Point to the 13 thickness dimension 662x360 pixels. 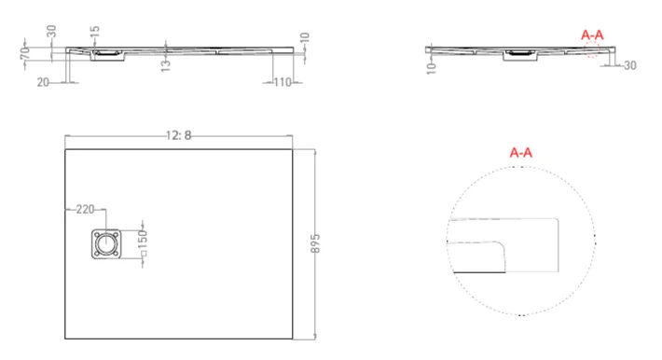(x=165, y=63)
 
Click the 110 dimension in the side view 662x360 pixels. (x=283, y=83)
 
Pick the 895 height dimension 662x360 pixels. (x=315, y=244)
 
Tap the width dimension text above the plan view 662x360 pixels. (x=178, y=135)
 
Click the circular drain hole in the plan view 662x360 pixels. (x=106, y=245)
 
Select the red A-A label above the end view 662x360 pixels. (x=592, y=35)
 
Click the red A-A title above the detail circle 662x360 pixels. (x=521, y=151)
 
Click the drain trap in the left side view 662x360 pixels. (x=110, y=57)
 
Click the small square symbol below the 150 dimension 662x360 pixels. (x=143, y=265)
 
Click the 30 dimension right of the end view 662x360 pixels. (x=629, y=65)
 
